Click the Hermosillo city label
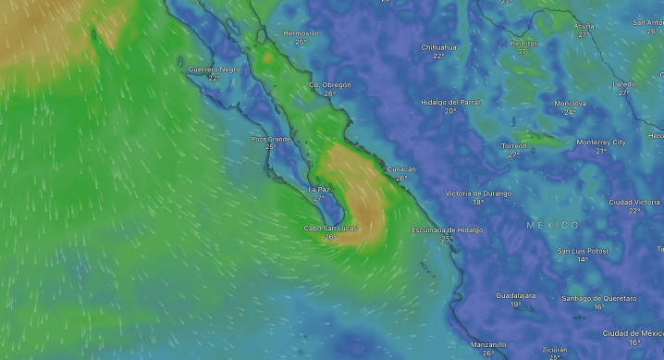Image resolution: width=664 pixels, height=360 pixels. point(301,33)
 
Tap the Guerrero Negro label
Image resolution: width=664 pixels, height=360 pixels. point(214,69)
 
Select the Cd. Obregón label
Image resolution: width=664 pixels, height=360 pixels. point(330,85)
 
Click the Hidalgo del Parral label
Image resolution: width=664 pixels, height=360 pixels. point(450,102)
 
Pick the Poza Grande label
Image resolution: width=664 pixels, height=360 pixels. point(271,139)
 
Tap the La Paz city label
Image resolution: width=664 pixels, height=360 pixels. point(318,189)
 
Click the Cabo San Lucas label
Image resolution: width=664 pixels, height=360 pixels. point(330,228)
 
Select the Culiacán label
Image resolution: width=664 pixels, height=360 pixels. point(400,169)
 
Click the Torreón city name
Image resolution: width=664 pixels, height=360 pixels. point(513,146)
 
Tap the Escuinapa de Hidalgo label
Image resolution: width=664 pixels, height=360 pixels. point(447,230)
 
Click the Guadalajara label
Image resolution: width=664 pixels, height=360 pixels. point(515,295)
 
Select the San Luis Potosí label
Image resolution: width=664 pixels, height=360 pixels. point(583,251)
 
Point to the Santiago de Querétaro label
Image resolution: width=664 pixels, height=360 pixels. point(599,298)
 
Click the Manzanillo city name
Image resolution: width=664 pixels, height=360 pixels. point(487,344)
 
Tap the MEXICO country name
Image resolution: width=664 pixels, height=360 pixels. point(553,225)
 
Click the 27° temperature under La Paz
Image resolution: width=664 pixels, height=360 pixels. point(318,197)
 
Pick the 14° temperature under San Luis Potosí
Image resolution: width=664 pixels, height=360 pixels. point(583,259)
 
